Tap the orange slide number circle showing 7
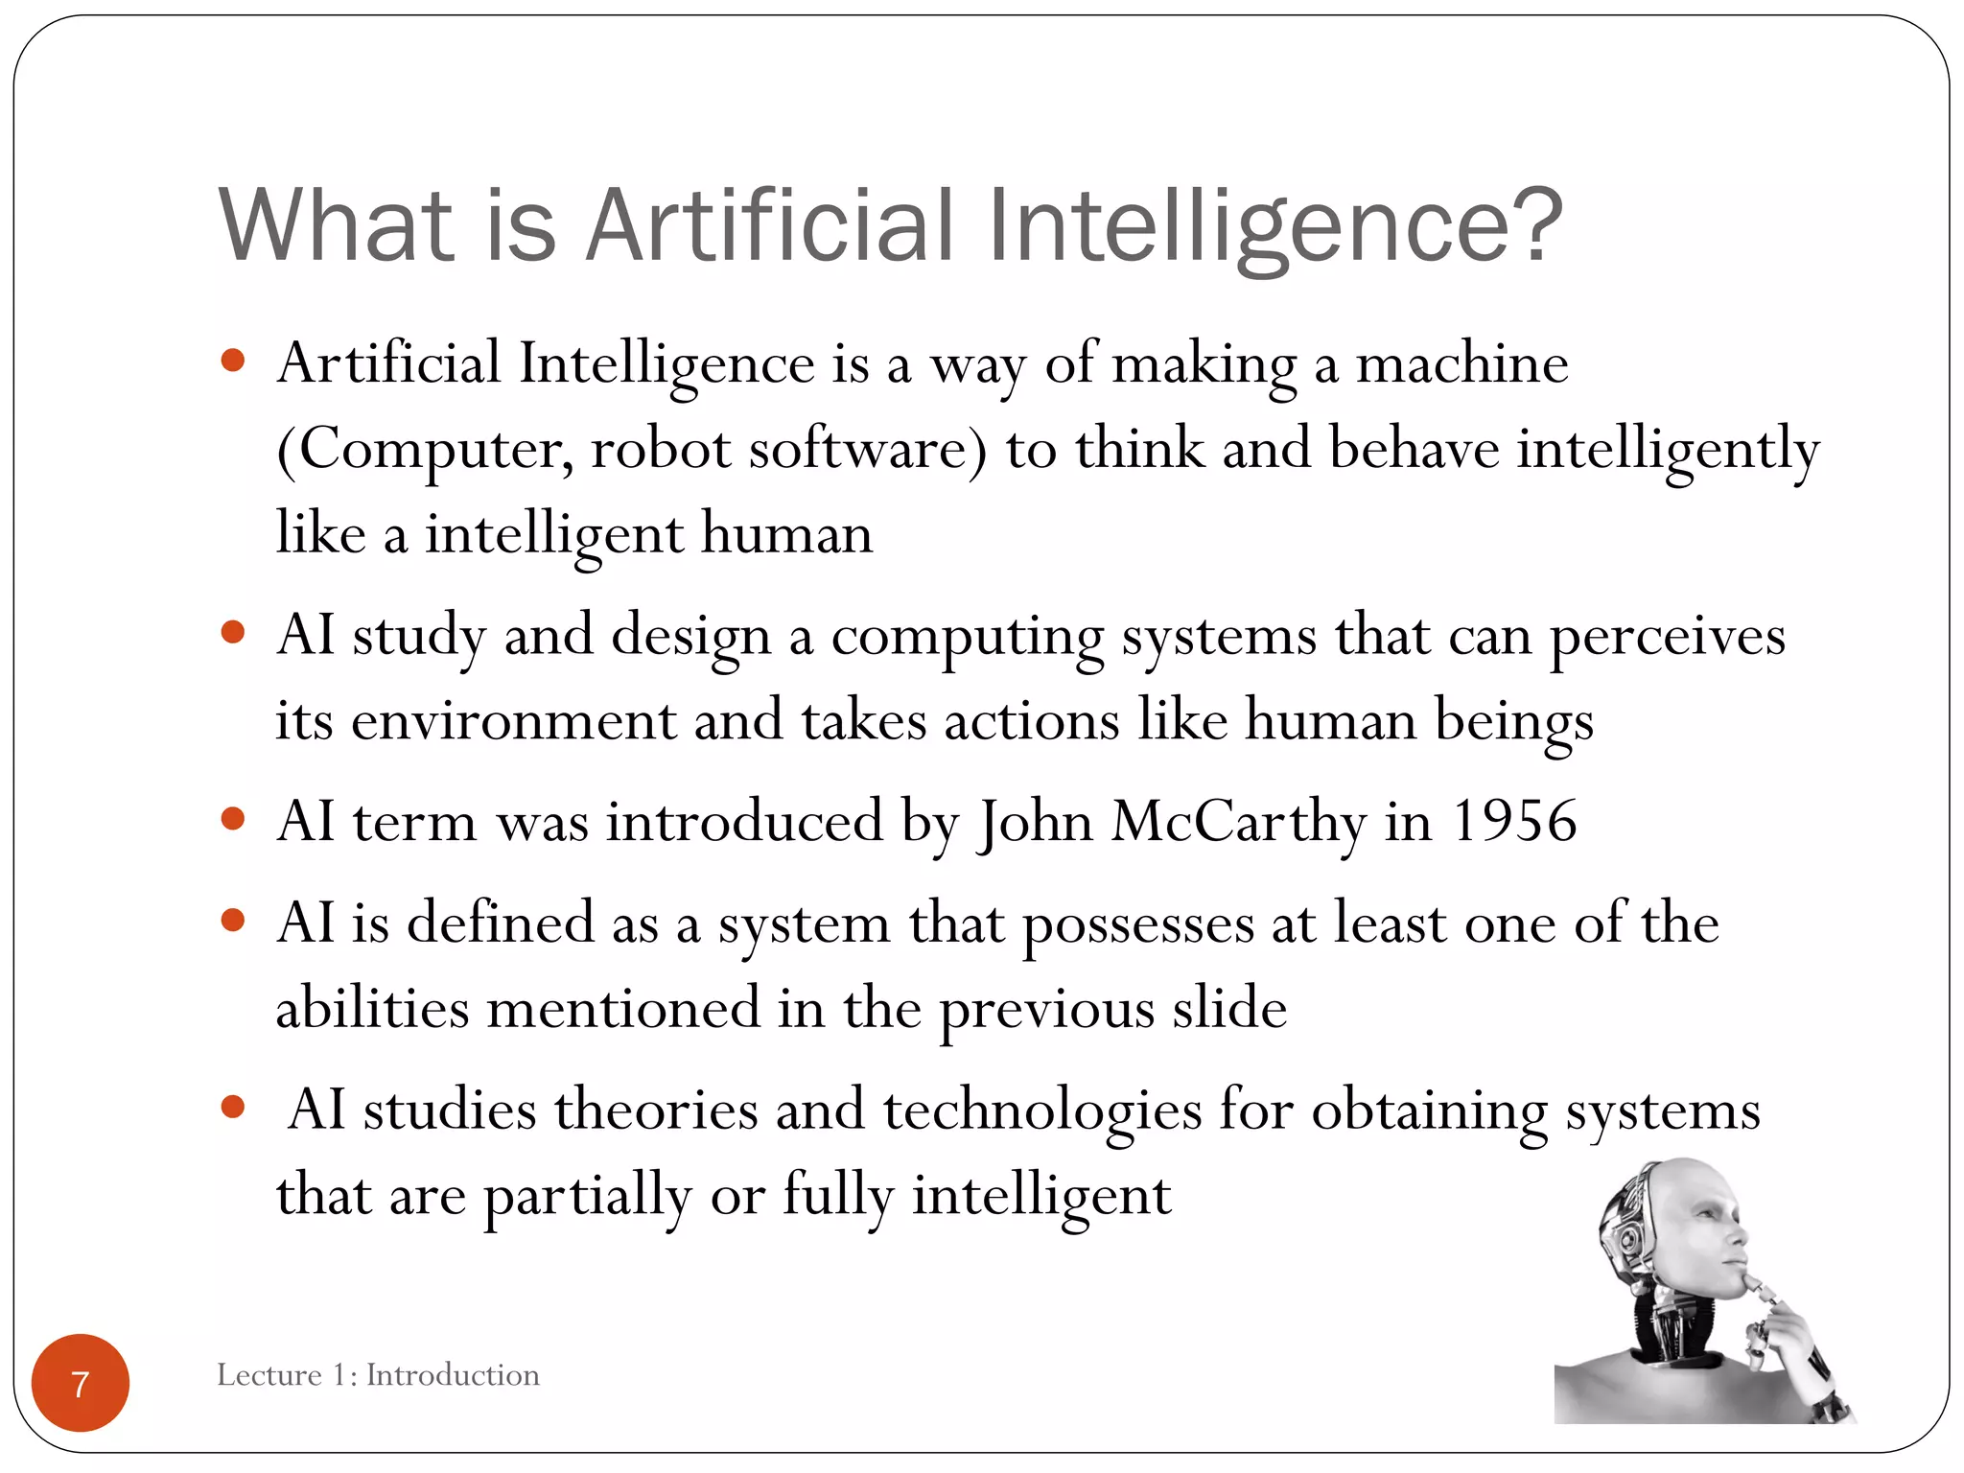coord(81,1383)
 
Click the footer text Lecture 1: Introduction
coord(378,1375)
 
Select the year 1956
coord(1514,822)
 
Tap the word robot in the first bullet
coord(661,449)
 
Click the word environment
coord(514,721)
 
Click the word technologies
coord(1042,1111)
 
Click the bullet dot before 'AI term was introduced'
coord(232,819)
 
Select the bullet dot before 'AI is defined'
coord(232,921)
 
